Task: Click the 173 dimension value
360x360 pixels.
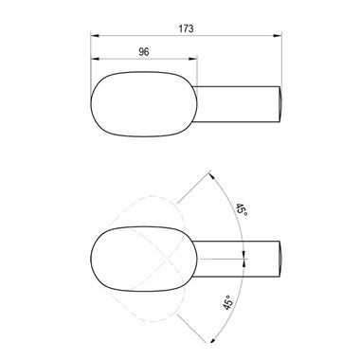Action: tap(186, 28)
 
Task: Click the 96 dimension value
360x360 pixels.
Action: tap(144, 52)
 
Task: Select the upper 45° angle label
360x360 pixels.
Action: tap(242, 210)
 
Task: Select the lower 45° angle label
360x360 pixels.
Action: tap(228, 302)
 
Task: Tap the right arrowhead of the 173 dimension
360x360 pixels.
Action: tap(278, 36)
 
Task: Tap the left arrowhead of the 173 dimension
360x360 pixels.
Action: tap(95, 36)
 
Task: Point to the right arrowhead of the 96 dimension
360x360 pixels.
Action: tap(193, 59)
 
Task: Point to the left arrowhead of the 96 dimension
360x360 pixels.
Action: tap(95, 59)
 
